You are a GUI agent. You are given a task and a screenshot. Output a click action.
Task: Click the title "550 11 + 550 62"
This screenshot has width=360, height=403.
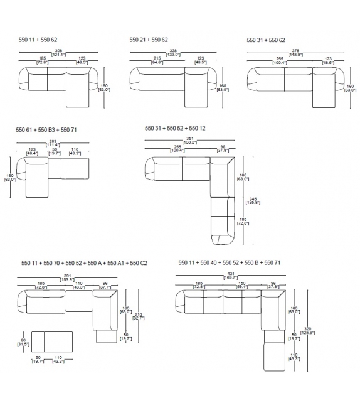(39, 40)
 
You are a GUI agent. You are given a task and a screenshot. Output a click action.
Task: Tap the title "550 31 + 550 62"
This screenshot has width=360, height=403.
(266, 40)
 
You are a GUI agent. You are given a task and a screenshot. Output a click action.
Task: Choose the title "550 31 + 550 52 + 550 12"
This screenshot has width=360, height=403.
(175, 128)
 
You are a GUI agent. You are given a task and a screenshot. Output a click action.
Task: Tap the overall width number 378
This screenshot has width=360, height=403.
(295, 50)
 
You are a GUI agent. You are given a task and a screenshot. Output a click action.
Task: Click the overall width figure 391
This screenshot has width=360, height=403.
(66, 274)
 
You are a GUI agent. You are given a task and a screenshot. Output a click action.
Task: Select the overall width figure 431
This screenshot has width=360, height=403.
(232, 274)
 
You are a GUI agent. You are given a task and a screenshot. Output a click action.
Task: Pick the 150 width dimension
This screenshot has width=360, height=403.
(241, 284)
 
